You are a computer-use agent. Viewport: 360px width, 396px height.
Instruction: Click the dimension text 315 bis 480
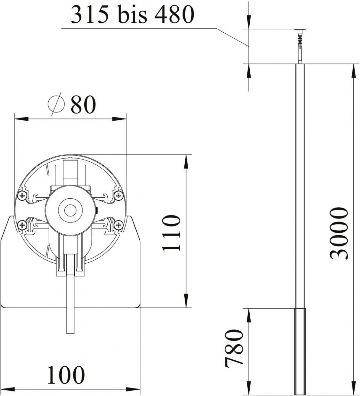point(131,15)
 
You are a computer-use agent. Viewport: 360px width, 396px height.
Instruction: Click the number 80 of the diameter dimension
point(83,105)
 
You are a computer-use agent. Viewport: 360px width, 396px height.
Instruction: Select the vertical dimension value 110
point(172,233)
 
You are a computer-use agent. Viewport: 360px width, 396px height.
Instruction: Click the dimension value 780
point(234,348)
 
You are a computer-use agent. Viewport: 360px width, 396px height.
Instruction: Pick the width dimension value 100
point(66,375)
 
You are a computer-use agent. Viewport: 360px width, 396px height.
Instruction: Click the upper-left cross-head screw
point(22,196)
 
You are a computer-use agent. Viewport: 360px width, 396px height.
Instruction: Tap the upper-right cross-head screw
point(118,196)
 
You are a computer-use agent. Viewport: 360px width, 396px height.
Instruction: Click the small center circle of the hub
point(70,210)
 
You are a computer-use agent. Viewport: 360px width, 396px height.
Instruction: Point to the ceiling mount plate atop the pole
point(300,30)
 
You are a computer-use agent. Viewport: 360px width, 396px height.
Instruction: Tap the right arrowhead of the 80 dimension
point(120,118)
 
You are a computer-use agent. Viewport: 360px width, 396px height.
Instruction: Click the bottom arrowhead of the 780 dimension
point(248,389)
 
